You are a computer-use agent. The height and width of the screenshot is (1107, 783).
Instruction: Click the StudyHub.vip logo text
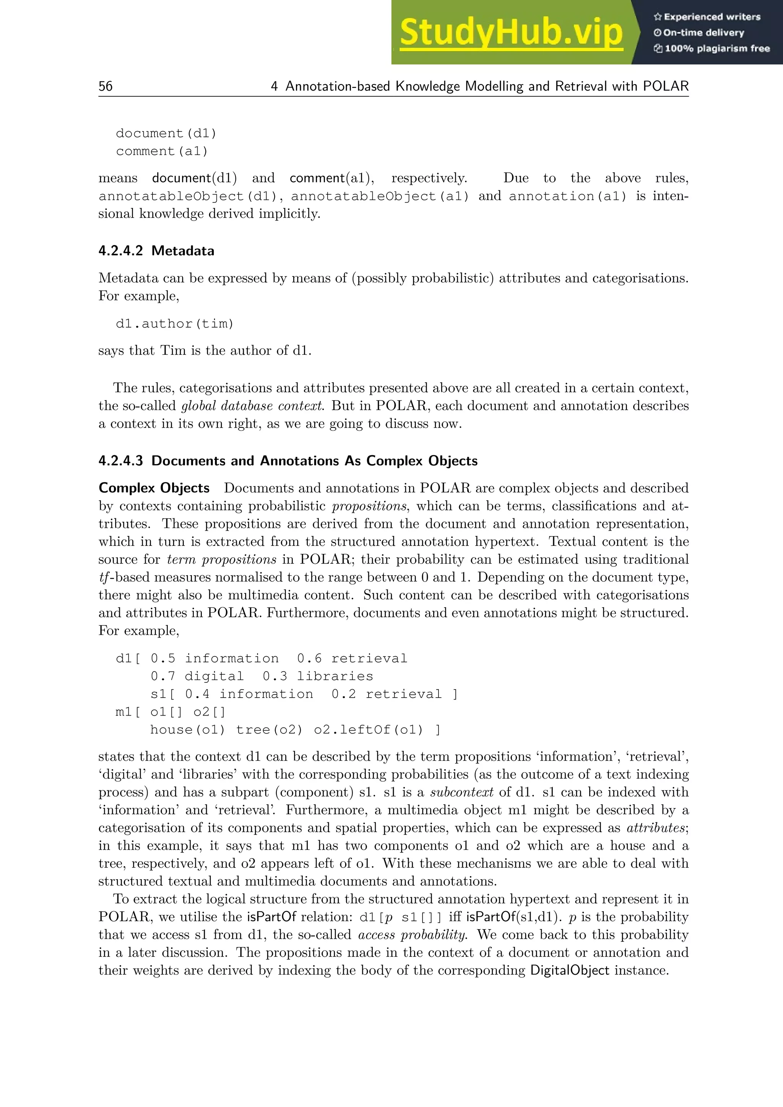click(x=511, y=32)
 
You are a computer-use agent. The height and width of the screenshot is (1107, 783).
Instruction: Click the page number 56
click(x=106, y=86)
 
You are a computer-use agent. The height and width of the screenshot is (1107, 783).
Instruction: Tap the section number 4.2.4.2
click(x=120, y=251)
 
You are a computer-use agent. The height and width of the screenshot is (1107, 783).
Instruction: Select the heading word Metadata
click(x=183, y=251)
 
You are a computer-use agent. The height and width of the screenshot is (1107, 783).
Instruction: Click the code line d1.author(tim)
click(x=175, y=323)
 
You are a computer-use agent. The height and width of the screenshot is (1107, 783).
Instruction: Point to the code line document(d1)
click(x=166, y=133)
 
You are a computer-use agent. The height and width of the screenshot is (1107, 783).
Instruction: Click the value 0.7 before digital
click(x=162, y=677)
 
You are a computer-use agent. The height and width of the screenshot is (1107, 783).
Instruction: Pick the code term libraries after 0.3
click(x=335, y=677)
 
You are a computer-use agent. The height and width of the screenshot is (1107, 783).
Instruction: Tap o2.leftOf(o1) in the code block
click(x=368, y=730)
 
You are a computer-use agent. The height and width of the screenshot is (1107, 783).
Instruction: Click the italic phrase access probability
click(x=413, y=935)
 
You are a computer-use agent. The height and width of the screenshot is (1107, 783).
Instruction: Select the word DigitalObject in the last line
click(x=569, y=971)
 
